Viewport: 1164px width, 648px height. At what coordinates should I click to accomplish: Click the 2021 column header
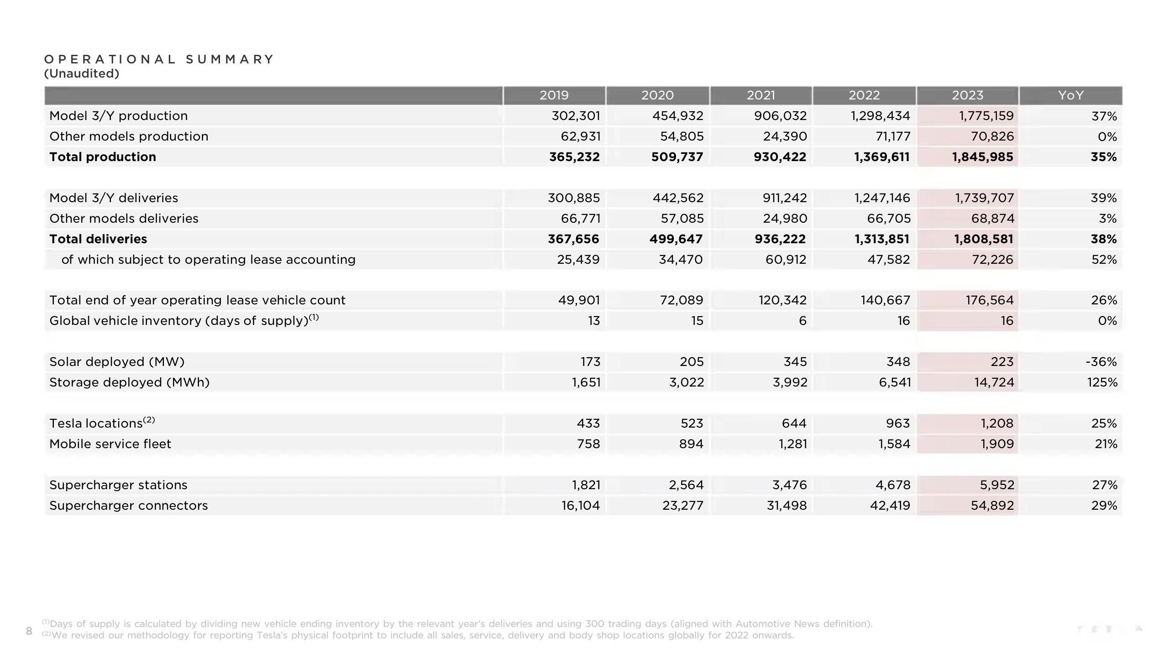pyautogui.click(x=760, y=95)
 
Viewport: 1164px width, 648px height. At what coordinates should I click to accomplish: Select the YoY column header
pyautogui.click(x=1070, y=95)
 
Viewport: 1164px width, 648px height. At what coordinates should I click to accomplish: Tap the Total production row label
pyautogui.click(x=103, y=157)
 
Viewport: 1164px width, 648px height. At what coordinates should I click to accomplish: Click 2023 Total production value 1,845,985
pyautogui.click(x=982, y=157)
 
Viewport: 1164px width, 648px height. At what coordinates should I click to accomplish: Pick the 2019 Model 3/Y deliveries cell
pyautogui.click(x=574, y=198)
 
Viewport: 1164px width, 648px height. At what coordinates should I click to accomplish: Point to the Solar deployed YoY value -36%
pyautogui.click(x=1101, y=362)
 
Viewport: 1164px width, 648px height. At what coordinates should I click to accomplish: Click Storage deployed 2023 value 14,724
pyautogui.click(x=994, y=382)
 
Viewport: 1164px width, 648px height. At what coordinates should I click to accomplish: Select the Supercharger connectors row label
pyautogui.click(x=129, y=506)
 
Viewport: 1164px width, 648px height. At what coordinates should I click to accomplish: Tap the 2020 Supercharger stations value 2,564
pyautogui.click(x=686, y=485)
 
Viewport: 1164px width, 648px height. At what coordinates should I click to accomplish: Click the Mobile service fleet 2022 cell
pyautogui.click(x=894, y=444)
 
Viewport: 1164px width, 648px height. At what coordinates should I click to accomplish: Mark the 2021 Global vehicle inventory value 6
pyautogui.click(x=803, y=321)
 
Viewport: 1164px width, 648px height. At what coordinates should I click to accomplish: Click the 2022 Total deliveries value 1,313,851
pyautogui.click(x=882, y=239)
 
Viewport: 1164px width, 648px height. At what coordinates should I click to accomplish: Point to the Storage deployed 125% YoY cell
pyautogui.click(x=1102, y=382)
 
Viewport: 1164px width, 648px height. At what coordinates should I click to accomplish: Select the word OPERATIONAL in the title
pyautogui.click(x=110, y=59)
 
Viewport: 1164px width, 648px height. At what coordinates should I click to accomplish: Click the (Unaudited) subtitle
pyautogui.click(x=82, y=73)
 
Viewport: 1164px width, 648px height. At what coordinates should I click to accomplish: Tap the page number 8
pyautogui.click(x=29, y=631)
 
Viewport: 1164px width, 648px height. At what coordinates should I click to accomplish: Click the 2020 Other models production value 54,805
pyautogui.click(x=682, y=136)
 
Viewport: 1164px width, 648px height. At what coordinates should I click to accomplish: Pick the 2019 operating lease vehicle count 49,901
pyautogui.click(x=579, y=300)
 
